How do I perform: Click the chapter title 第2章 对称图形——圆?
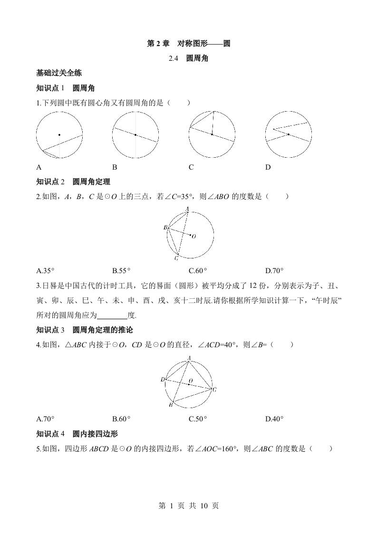(x=189, y=44)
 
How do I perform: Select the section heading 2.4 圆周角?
(x=189, y=59)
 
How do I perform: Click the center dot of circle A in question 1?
(x=59, y=134)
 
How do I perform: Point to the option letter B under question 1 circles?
(x=115, y=167)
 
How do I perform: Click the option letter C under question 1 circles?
(x=191, y=167)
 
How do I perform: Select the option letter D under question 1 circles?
(x=268, y=167)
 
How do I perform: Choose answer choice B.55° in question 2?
(x=122, y=271)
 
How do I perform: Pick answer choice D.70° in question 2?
(x=274, y=271)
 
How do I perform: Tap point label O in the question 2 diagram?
(x=194, y=236)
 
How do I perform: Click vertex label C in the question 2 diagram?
(x=176, y=258)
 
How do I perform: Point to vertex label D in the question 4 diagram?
(x=163, y=379)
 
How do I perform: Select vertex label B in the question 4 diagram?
(x=171, y=405)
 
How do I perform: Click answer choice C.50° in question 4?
(x=198, y=419)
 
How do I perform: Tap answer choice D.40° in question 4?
(x=274, y=419)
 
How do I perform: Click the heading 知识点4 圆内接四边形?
(x=77, y=434)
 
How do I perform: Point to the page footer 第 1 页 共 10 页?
(x=188, y=505)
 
